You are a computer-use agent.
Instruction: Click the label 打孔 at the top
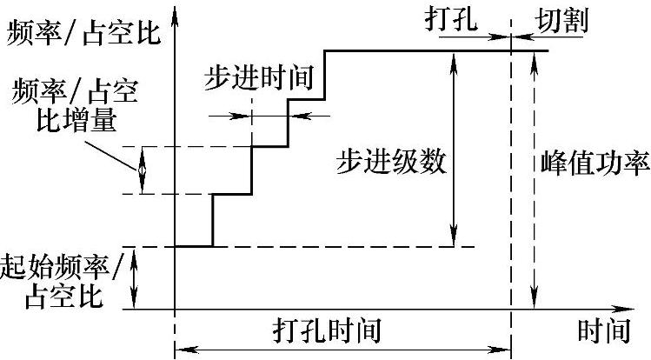(453, 19)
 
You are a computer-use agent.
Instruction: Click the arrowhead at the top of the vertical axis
(176, 12)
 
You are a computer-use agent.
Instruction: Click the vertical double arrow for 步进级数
(453, 148)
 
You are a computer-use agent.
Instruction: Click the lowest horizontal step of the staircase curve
(194, 247)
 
